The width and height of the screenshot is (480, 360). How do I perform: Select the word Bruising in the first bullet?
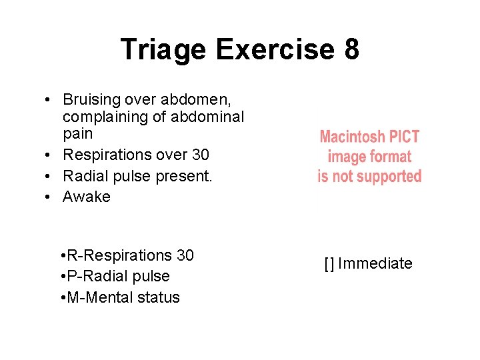[x=91, y=100]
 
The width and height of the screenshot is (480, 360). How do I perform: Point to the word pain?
[x=77, y=134]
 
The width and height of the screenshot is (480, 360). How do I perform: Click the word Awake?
[x=87, y=197]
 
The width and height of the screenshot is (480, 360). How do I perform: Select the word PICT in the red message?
[x=405, y=137]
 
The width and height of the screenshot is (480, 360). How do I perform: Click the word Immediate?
[x=375, y=264]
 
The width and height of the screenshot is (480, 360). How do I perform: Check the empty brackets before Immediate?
[x=329, y=264]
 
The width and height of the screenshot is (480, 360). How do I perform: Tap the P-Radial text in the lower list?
[x=97, y=276]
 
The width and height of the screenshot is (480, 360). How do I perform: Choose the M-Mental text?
[x=101, y=297]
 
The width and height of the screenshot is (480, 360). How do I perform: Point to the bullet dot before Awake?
[x=50, y=197]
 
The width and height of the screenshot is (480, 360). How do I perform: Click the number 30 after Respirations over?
[x=200, y=155]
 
